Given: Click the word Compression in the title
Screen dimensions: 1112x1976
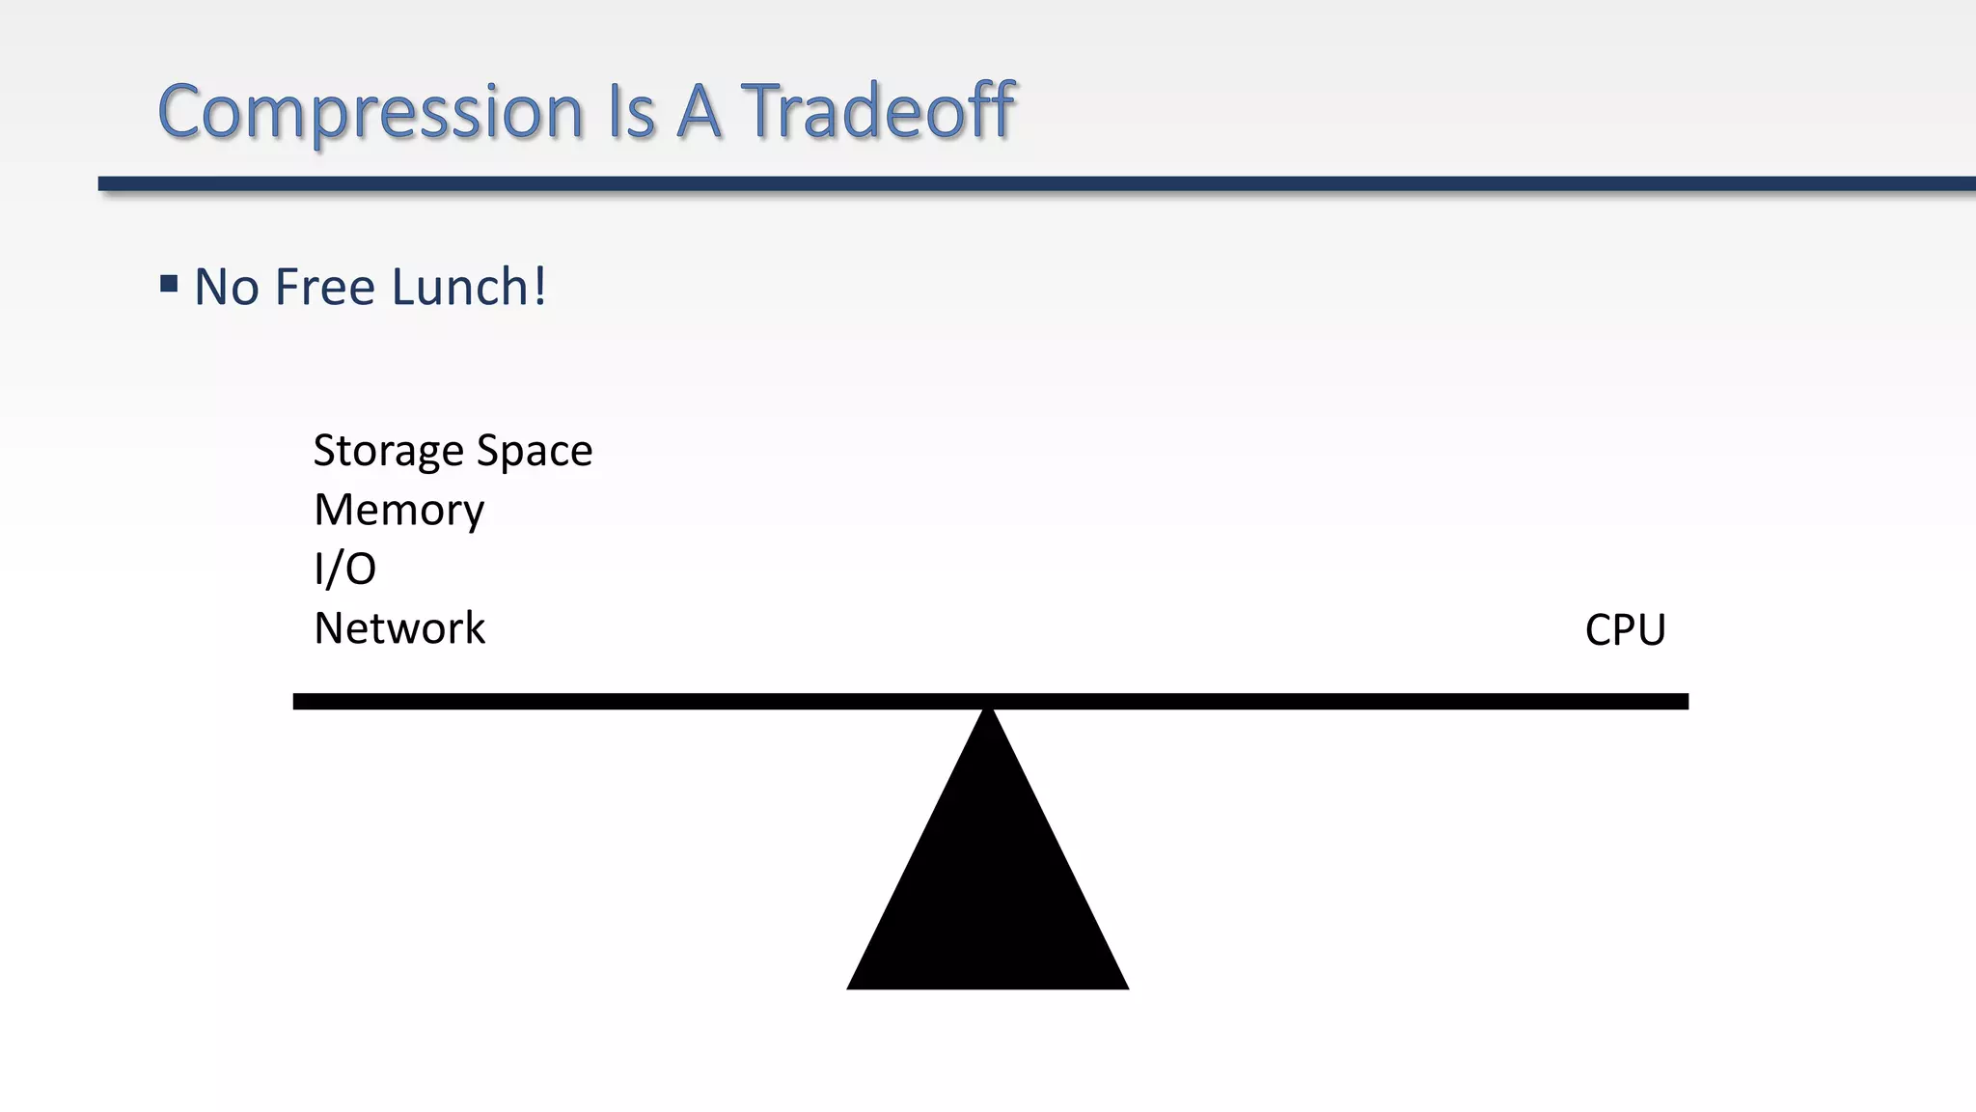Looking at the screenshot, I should (370, 113).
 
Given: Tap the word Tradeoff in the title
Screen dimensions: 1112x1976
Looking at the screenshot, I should (877, 111).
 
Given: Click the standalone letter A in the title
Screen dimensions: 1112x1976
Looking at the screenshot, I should (699, 111).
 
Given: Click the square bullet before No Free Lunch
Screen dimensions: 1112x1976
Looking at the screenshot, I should (169, 284).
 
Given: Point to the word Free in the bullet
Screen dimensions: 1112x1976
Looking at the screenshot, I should (324, 288).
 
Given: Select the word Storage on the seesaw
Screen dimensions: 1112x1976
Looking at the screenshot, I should (388, 452).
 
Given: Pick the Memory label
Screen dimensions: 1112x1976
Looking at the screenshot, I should (398, 510).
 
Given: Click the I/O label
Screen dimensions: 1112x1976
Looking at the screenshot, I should (344, 569).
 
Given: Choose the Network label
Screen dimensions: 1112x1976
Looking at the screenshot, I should (399, 628).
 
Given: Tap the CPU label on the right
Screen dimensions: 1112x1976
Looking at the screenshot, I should (1625, 630).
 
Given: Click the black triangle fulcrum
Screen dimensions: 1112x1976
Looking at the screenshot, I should (987, 888).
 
